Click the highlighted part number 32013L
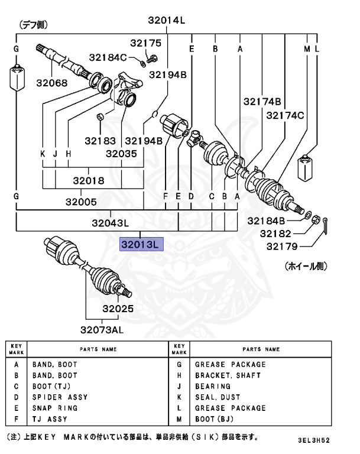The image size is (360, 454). (x=141, y=244)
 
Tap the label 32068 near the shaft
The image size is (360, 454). (x=51, y=83)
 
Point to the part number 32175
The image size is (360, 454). (x=145, y=43)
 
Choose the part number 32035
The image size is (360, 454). (x=121, y=153)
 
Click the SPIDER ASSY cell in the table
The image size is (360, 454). (x=60, y=397)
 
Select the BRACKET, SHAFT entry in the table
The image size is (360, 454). (x=228, y=375)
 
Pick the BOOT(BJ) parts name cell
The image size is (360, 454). (x=216, y=419)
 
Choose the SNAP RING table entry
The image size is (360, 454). (x=54, y=408)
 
